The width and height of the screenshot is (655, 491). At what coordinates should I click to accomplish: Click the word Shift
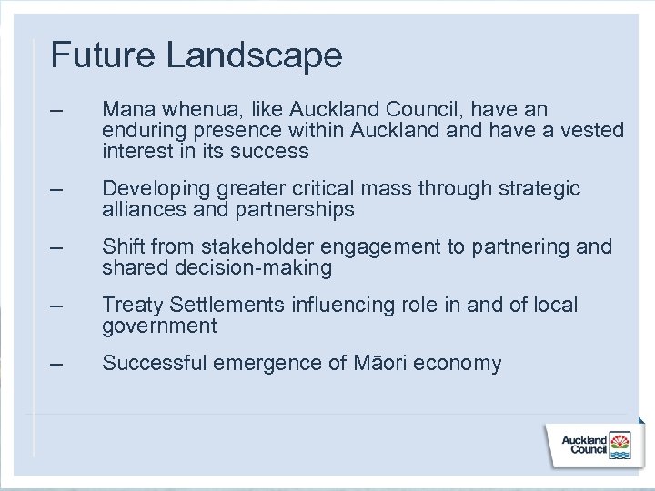point(123,247)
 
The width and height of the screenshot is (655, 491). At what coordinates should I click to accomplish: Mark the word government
point(159,326)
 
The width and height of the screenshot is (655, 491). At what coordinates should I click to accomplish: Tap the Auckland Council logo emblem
point(622,445)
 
